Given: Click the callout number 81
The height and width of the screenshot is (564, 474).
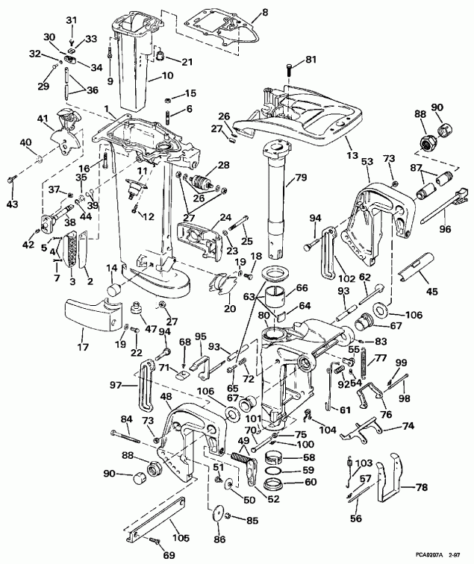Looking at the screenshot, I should [311, 60].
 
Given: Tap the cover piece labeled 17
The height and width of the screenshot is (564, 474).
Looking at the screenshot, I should [93, 310].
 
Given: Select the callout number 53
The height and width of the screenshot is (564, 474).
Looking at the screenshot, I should [367, 161].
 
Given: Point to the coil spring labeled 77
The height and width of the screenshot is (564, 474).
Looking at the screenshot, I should [367, 366].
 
